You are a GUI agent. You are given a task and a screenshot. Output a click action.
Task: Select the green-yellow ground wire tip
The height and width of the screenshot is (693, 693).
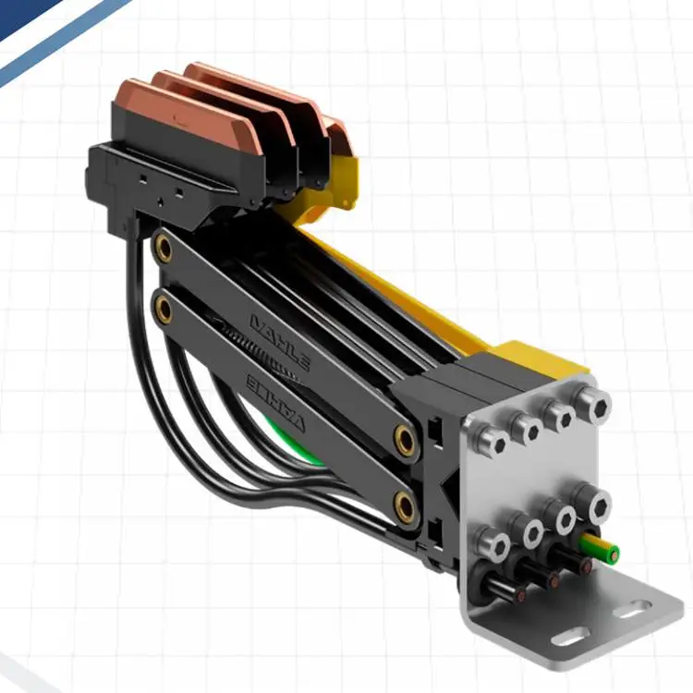pos(612,553)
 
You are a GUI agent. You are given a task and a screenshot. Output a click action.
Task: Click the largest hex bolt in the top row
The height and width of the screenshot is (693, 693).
pos(594,404)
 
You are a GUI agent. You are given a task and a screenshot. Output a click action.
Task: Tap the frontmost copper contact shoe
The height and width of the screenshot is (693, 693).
pos(186,108)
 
